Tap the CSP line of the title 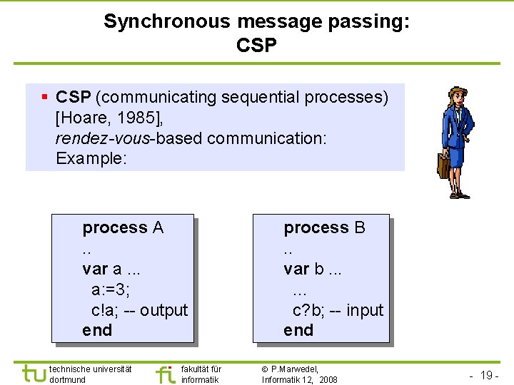pos(256,46)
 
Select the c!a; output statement pos(139,310)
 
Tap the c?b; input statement pos(338,310)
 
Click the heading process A pos(123,228)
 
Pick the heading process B pos(324,228)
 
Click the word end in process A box pos(97,330)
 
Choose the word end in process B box pos(298,330)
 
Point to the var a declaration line pos(111,269)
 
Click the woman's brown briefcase pos(443,165)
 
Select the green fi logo pos(165,374)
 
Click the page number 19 pos(488,375)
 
